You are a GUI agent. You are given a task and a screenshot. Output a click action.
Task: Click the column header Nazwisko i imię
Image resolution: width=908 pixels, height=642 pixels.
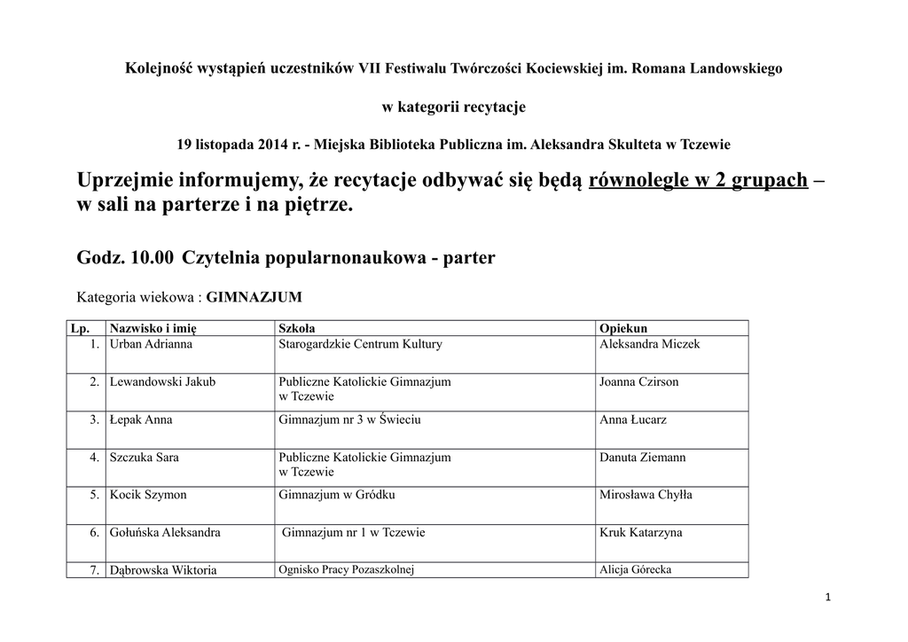152,328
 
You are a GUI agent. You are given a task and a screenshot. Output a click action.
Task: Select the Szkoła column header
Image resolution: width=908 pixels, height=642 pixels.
296,328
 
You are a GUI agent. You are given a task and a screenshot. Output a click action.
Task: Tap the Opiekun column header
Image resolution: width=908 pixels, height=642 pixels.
623,328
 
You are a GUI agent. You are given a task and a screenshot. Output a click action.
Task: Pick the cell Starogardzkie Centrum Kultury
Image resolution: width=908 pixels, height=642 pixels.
360,343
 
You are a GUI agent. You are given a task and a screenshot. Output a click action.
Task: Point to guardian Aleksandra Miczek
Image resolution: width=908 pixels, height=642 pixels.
649,343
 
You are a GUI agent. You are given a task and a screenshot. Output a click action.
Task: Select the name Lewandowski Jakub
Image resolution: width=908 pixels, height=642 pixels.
162,381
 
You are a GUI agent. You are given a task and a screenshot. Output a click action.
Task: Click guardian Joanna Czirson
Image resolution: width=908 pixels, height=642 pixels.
638,381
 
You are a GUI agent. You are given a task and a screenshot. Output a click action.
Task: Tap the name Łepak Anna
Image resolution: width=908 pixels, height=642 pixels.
141,419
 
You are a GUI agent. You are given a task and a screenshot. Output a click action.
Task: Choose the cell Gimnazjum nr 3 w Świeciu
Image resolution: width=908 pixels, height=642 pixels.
349,419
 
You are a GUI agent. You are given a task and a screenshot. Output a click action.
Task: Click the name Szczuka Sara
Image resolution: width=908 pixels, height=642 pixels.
144,457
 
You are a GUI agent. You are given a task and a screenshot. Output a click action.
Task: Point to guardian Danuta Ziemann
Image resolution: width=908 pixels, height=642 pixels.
642,457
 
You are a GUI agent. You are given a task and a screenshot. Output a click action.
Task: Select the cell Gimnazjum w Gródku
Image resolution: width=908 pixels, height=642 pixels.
336,495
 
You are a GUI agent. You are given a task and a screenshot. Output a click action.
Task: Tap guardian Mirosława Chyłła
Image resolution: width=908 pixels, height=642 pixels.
646,495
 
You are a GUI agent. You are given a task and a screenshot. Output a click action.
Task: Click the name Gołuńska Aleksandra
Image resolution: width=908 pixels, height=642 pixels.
165,532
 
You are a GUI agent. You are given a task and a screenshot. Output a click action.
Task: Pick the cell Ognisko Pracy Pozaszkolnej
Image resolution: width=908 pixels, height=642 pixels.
347,569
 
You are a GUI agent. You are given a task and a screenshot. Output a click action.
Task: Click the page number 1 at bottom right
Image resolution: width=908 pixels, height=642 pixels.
827,598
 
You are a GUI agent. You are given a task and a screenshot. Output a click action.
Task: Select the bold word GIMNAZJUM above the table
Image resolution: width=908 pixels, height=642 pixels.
254,297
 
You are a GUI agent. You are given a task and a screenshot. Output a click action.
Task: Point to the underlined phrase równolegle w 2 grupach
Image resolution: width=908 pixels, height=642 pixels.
698,181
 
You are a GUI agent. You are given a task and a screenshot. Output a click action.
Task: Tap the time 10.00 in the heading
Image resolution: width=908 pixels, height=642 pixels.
152,257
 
